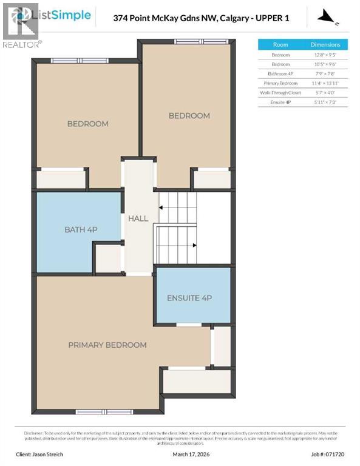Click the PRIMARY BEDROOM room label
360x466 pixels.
pyautogui.click(x=107, y=345)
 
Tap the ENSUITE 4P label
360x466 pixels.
pyautogui.click(x=189, y=298)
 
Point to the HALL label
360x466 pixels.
pyautogui.click(x=138, y=218)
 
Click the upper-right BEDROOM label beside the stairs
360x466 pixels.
pyautogui.click(x=189, y=115)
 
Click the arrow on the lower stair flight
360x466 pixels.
pyautogui.click(x=193, y=245)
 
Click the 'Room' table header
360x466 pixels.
pyautogui.click(x=280, y=44)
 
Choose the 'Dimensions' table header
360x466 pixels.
pyautogui.click(x=325, y=44)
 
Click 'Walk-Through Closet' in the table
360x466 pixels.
pyautogui.click(x=280, y=93)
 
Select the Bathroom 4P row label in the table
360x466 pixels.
pyautogui.click(x=280, y=73)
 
